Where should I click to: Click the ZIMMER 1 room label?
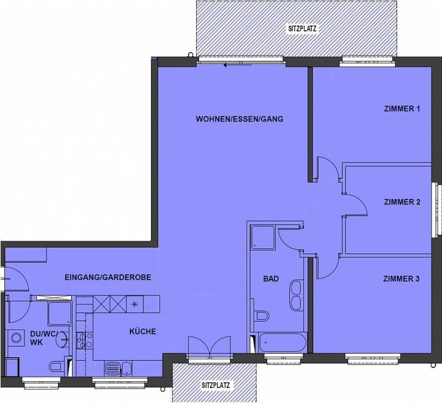(401, 109)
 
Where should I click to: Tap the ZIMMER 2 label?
(402, 202)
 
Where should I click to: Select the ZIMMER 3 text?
(401, 279)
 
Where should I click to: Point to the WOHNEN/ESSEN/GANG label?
(239, 119)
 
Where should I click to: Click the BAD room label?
(271, 279)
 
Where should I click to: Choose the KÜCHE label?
(142, 331)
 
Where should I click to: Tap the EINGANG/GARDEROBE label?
(108, 277)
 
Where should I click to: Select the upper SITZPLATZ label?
(302, 29)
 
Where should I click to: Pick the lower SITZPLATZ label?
(215, 385)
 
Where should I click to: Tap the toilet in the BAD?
(262, 315)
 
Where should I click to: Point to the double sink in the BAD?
(297, 294)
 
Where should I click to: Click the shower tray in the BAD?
(262, 237)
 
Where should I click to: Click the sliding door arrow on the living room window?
(226, 65)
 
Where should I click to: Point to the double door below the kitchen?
(209, 347)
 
